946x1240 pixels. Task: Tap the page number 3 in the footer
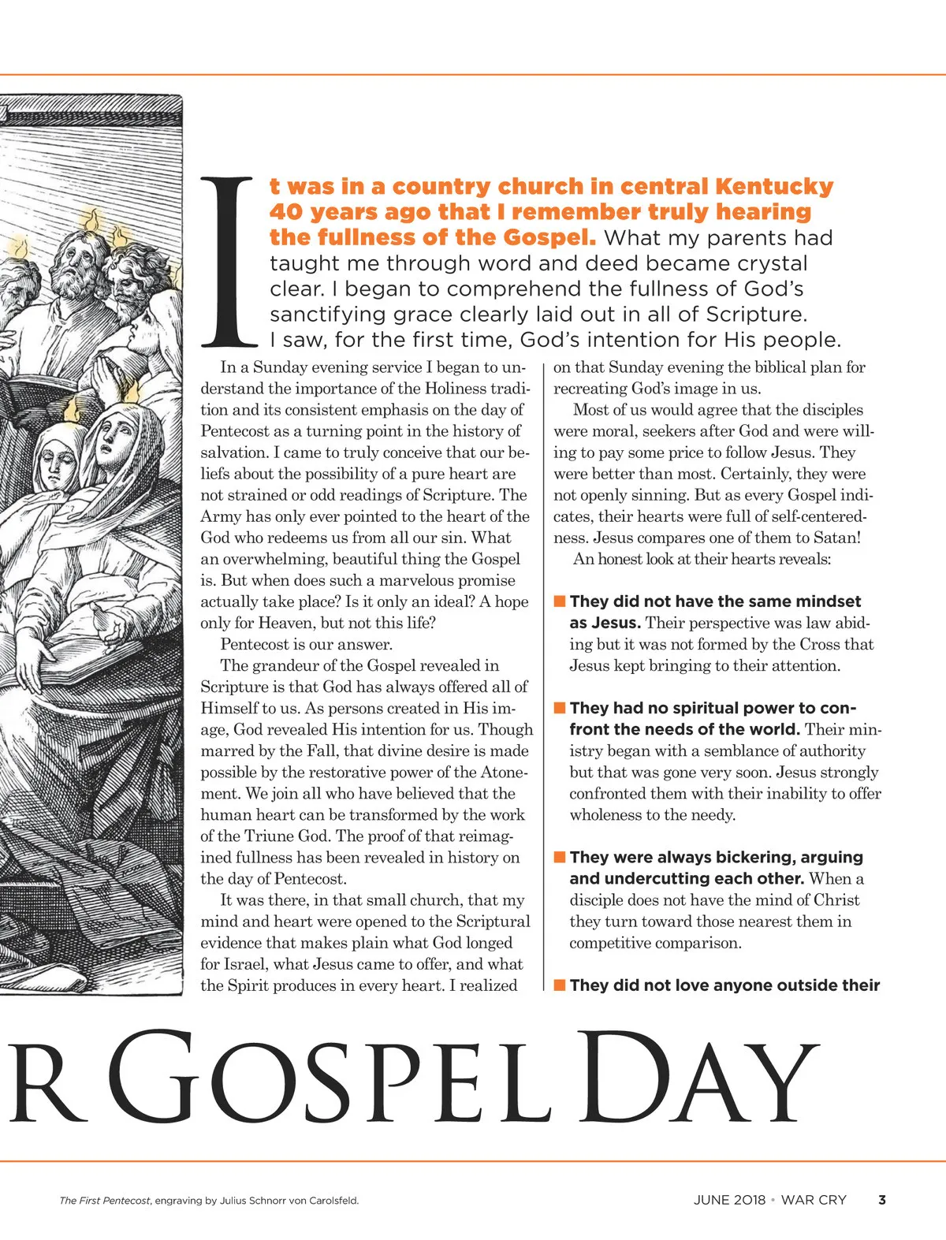click(882, 1200)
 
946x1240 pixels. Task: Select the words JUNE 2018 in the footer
click(729, 1200)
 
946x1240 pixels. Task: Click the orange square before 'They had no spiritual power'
click(560, 707)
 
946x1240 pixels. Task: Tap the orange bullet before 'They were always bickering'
click(560, 856)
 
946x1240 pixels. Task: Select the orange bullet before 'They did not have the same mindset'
click(560, 601)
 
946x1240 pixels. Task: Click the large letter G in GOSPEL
click(154, 1078)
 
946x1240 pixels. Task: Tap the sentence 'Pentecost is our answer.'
click(307, 644)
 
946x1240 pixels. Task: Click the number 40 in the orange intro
click(285, 212)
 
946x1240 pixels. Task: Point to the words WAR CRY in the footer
click(814, 1200)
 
